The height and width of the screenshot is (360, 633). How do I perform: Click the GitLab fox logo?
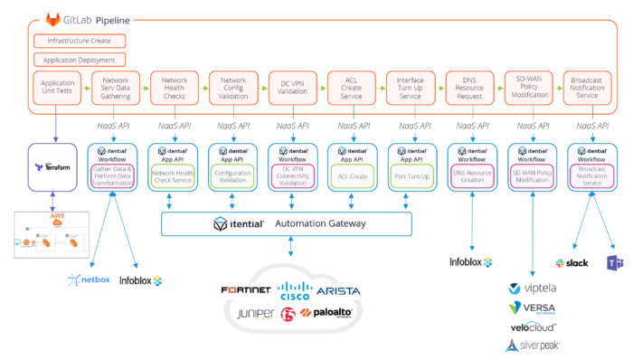tap(53, 19)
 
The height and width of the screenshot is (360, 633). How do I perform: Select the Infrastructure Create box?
tap(79, 41)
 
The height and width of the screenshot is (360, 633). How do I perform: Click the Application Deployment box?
tap(79, 60)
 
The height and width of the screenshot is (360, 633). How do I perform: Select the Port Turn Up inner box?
tap(410, 176)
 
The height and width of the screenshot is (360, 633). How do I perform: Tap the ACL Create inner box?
tap(351, 176)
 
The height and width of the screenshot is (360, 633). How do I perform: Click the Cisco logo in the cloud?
tap(295, 290)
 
